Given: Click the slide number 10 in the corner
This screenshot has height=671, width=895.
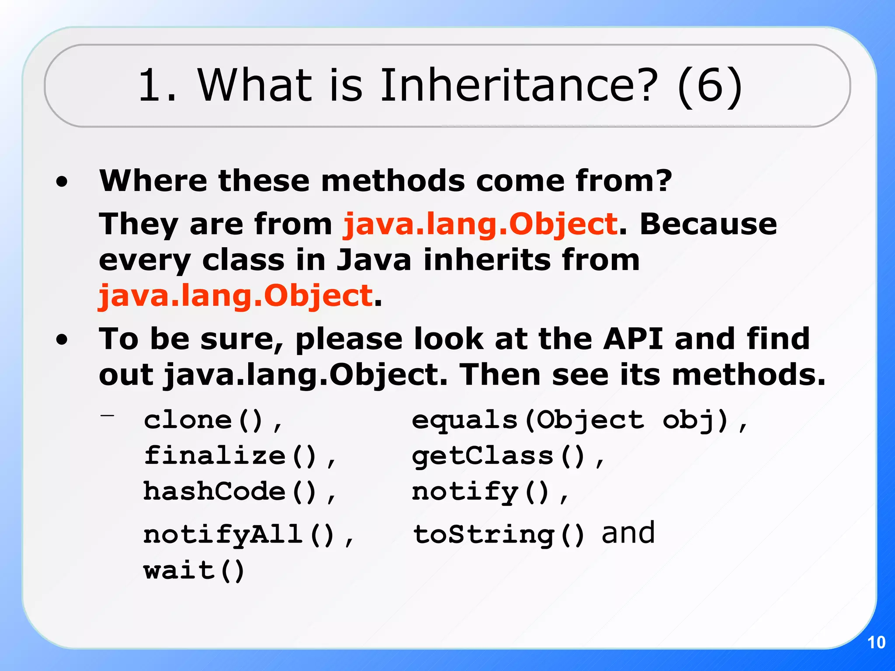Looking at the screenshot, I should tap(876, 642).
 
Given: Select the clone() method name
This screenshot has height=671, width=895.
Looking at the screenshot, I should tap(204, 420).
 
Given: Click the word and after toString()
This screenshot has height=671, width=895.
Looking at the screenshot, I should tap(628, 533).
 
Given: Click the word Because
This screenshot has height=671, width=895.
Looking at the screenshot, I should tap(708, 224).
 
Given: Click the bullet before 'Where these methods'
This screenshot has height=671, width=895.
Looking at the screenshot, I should tap(62, 182).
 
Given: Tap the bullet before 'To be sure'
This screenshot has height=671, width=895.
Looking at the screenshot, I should tap(62, 340).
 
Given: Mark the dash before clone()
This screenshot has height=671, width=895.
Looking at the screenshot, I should tap(107, 416).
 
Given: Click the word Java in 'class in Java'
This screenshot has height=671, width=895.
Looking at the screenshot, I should tap(374, 260).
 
